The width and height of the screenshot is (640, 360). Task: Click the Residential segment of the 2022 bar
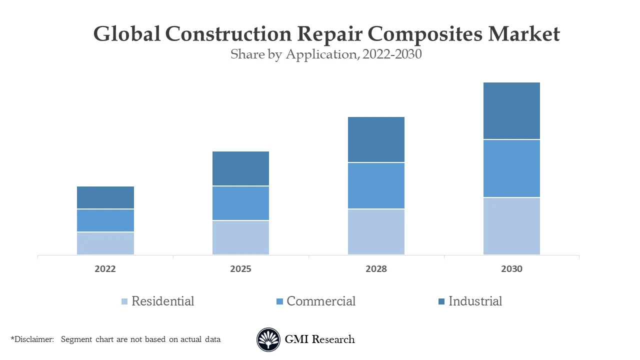pos(105,243)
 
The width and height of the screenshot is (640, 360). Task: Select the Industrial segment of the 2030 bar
pos(511,110)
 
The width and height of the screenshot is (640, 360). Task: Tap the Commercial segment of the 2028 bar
pos(376,185)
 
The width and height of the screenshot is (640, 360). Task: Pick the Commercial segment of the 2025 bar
pos(240,203)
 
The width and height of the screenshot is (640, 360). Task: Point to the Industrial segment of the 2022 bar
pos(105,197)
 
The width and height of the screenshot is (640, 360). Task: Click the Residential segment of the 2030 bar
pos(511,226)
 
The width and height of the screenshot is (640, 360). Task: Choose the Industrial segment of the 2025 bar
pos(240,168)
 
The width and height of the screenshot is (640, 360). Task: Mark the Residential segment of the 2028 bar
pos(376,231)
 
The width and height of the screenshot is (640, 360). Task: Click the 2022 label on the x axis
pos(105,269)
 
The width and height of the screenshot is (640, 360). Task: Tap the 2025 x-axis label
pos(240,269)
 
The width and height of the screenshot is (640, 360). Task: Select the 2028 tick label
pos(376,269)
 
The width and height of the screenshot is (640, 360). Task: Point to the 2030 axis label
pos(511,269)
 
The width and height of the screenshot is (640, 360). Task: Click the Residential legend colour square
pos(124,301)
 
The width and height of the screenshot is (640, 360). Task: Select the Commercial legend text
pos(321,301)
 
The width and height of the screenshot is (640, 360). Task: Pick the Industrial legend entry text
pos(475,301)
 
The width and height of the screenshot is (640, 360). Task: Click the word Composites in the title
pos(426,34)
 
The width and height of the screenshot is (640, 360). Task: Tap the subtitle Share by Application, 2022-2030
pos(326,54)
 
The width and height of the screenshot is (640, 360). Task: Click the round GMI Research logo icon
pos(268,340)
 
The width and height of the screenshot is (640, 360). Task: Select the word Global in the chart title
pos(127,34)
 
